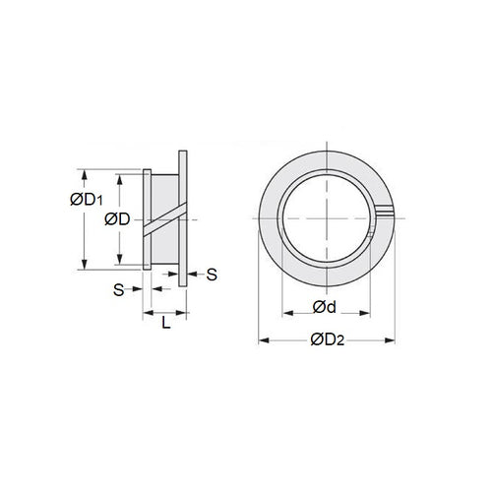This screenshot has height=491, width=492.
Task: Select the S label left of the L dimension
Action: [118, 290]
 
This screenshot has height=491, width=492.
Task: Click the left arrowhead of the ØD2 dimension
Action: [262, 340]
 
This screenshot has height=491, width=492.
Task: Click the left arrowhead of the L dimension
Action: [148, 312]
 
